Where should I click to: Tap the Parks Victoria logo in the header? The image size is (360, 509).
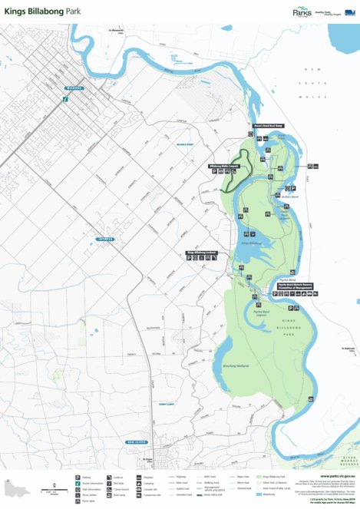click(x=303, y=12)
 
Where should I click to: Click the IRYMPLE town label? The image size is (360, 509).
click(x=105, y=240)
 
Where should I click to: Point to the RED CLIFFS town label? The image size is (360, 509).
click(x=137, y=442)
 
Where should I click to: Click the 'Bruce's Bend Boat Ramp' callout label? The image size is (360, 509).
click(x=263, y=126)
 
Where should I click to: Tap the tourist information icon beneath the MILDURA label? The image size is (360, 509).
click(x=66, y=98)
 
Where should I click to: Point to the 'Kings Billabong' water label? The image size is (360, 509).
click(x=251, y=243)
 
